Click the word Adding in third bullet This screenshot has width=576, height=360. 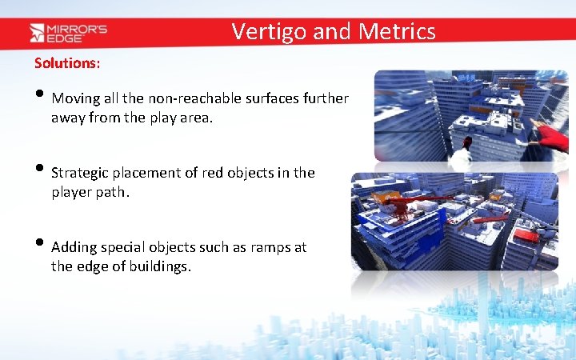(74, 247)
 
